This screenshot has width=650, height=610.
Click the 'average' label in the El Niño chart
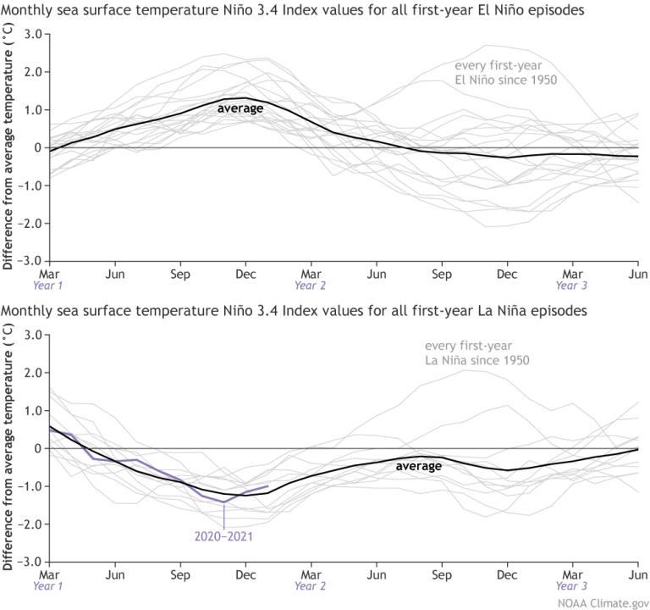tap(240, 108)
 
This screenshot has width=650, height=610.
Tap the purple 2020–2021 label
tap(223, 535)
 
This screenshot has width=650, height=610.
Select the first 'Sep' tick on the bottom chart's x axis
tap(179, 574)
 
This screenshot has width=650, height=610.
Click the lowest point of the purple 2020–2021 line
tap(224, 502)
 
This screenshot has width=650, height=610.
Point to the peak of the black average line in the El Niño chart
tap(245, 97)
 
